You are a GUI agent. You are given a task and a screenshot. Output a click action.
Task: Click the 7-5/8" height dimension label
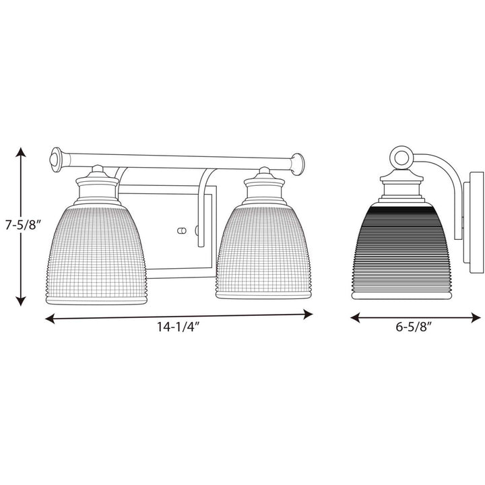pos(23,225)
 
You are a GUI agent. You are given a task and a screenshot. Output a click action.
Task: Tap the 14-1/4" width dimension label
pos(177,327)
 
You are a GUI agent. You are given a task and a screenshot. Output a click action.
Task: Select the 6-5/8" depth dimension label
pos(414,327)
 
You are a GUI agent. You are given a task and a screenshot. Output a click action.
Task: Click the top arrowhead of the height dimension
pos(21,152)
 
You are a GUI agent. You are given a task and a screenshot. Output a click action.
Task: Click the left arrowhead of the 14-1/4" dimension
pos(50,319)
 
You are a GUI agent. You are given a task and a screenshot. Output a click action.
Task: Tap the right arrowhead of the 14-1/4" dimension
pos(308,315)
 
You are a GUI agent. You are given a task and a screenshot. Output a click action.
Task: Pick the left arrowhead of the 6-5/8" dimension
pos(355,317)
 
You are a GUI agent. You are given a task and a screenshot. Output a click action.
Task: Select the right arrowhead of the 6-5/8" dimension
pos(476,317)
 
